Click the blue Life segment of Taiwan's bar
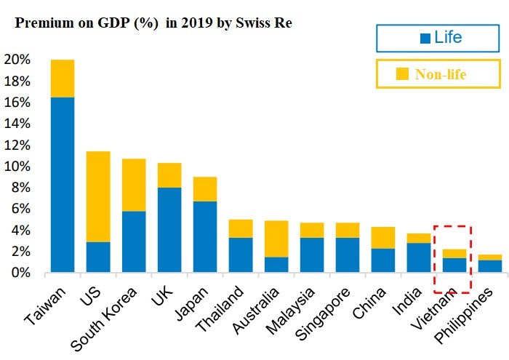tap(63, 185)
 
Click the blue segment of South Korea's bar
tap(134, 241)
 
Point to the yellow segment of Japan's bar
tap(204, 189)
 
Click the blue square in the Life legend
tap(425, 38)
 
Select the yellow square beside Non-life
tap(402, 73)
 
